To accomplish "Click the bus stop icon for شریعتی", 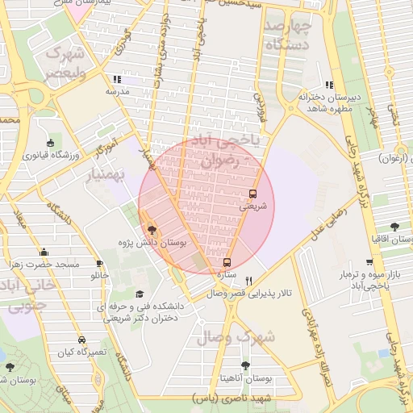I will click(252, 194).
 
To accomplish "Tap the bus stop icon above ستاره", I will click(227, 262).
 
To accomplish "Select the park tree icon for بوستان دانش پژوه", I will click(152, 230).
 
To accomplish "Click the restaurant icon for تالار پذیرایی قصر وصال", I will click(248, 282).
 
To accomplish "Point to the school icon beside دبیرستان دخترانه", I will click(328, 85).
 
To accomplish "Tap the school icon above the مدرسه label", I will click(117, 79).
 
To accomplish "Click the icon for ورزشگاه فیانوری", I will click(51, 144).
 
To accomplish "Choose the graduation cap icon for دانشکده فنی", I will click(140, 294).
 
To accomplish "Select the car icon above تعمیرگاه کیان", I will click(81, 340).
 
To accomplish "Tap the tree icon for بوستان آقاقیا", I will click(394, 227).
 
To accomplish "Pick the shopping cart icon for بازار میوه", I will click(369, 262).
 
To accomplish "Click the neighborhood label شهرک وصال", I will click(246, 336).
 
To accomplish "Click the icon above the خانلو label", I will click(100, 264).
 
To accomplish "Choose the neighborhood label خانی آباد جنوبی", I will click(27, 297).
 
